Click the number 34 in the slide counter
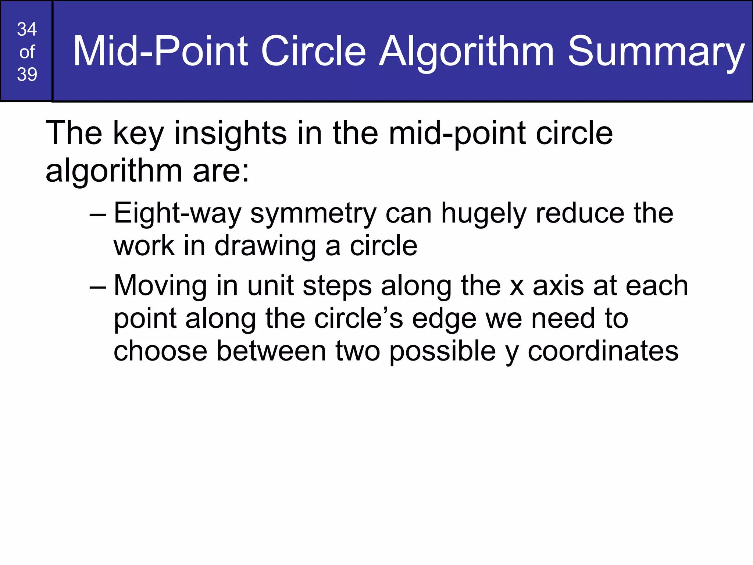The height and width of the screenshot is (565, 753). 27,29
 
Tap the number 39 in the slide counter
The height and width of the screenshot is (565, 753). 27,74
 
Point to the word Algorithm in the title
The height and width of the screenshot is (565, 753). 466,51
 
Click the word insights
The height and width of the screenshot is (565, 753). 230,133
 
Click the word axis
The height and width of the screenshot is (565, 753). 558,286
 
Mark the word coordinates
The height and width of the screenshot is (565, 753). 603,351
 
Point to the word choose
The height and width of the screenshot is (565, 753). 160,351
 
